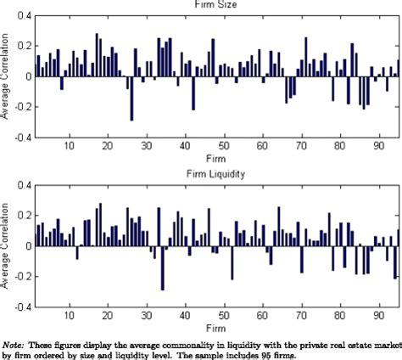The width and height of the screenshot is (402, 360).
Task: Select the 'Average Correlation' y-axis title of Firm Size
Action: pos(6,76)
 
